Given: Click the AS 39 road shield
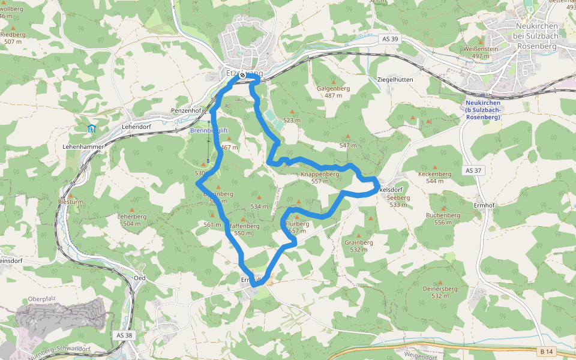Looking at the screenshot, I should pyautogui.click(x=390, y=39).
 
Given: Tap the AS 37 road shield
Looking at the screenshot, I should pyautogui.click(x=473, y=170).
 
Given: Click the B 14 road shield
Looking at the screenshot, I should pyautogui.click(x=545, y=350).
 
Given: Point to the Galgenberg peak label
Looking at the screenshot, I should pyautogui.click(x=333, y=88).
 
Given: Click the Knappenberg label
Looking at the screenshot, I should pyautogui.click(x=320, y=174).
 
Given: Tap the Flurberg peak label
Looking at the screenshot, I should pyautogui.click(x=298, y=224).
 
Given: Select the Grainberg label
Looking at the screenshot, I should pyautogui.click(x=359, y=242).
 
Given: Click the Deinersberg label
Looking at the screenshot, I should pyautogui.click(x=440, y=289).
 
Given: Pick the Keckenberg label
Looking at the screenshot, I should pyautogui.click(x=434, y=174).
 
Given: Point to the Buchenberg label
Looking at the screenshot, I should pyautogui.click(x=443, y=215).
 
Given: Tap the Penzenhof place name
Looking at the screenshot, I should pyautogui.click(x=185, y=111).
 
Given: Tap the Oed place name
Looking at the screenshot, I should pyautogui.click(x=140, y=278).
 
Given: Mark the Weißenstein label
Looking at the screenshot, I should pyautogui.click(x=481, y=48).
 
